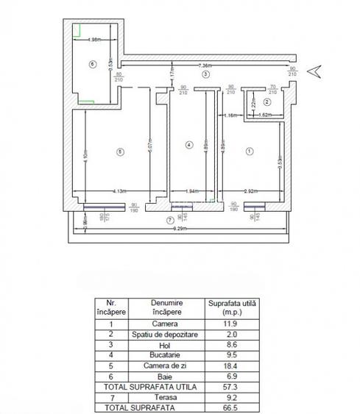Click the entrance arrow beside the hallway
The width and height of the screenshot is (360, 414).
coord(314,71)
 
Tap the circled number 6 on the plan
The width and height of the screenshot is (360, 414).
coord(92,64)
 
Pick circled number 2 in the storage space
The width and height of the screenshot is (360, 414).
coord(267,102)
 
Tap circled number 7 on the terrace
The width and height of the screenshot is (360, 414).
coord(170,220)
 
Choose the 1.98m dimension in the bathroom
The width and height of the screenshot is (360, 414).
coord(93,39)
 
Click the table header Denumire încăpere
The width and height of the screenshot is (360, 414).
coord(167,307)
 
